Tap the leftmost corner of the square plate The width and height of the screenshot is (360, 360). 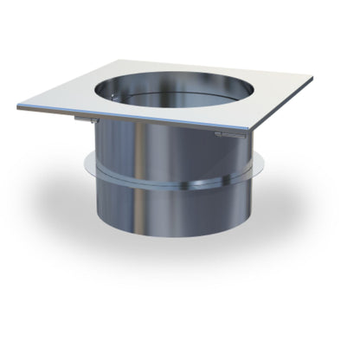18,107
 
